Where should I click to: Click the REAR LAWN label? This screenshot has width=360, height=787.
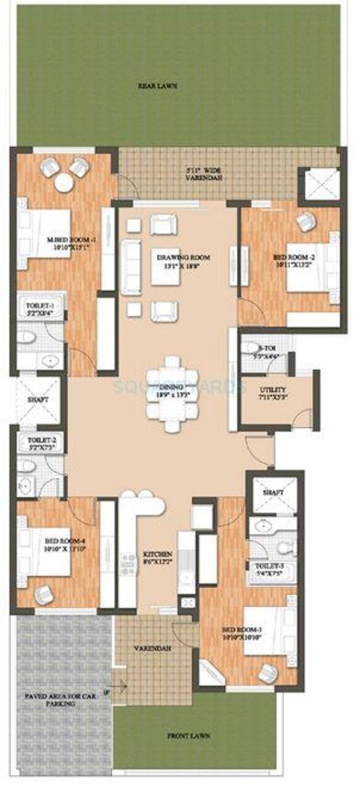(x=157, y=86)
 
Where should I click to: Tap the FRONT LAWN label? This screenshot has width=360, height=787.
(x=186, y=736)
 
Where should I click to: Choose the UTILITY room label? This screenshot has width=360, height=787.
(x=274, y=394)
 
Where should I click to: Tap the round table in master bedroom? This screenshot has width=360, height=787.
(x=62, y=184)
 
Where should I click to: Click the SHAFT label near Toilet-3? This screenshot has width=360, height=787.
(x=272, y=493)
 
